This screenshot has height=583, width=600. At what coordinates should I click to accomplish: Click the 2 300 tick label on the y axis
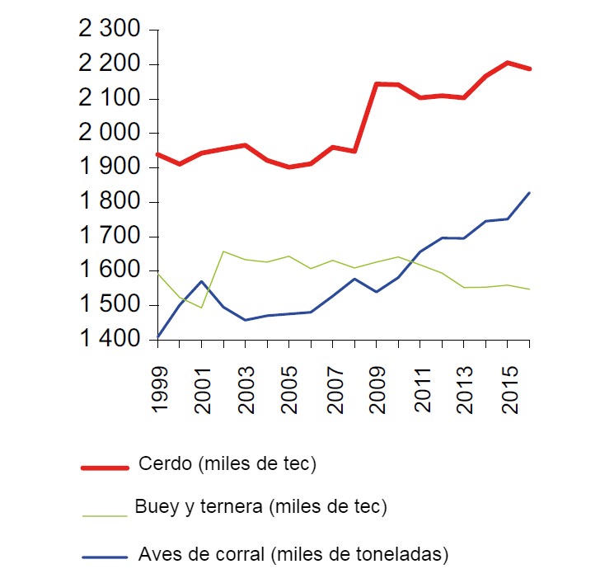[110, 30]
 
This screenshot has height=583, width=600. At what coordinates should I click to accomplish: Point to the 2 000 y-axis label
[110, 133]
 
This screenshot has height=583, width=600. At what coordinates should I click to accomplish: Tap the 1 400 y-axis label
[110, 340]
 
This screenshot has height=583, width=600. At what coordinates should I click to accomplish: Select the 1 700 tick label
[110, 237]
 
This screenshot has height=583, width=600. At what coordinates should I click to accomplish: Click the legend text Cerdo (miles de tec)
[228, 464]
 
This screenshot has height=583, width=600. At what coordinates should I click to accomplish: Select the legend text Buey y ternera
[260, 506]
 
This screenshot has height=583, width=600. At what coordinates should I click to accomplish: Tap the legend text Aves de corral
[293, 553]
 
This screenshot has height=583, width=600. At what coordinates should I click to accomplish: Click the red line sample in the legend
[105, 468]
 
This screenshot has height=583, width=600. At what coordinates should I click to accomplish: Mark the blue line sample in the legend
[105, 557]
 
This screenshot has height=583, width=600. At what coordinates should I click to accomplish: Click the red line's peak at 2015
[508, 63]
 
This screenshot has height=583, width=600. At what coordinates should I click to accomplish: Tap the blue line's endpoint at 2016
[529, 193]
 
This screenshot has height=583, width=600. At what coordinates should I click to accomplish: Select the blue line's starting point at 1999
[158, 336]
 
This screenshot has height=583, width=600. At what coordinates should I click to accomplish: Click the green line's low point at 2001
[202, 308]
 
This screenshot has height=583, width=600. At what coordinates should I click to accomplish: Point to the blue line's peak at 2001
[202, 281]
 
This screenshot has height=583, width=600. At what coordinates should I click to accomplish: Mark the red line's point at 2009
[377, 83]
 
